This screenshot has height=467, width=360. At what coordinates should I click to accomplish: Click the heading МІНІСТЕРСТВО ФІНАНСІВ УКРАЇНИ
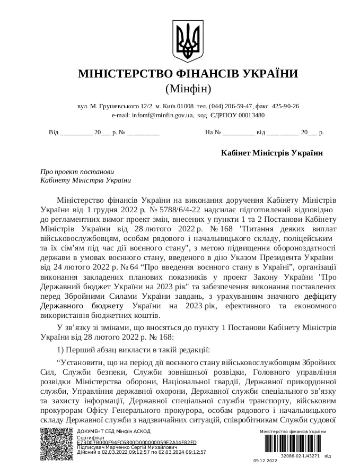pyautogui.click(x=188, y=74)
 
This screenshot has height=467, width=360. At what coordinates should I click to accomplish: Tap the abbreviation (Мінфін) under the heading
pyautogui.click(x=188, y=88)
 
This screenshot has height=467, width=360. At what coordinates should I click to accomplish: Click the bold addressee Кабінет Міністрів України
pyautogui.click(x=272, y=153)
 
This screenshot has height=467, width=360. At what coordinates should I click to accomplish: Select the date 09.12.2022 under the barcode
pyautogui.click(x=265, y=462)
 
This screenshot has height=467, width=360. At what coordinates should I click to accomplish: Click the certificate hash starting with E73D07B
pyautogui.click(x=136, y=442)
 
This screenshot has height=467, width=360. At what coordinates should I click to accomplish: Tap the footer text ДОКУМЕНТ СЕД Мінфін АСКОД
pyautogui.click(x=113, y=431)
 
